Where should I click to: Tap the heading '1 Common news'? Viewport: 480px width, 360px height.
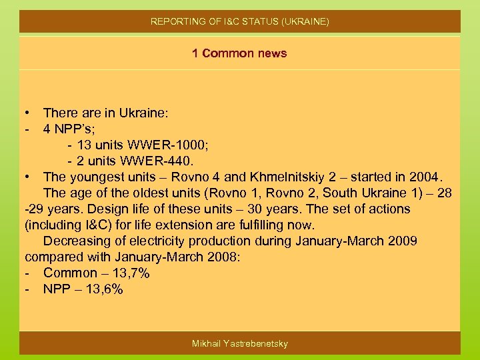[239, 53]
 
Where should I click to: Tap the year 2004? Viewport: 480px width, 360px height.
[425, 177]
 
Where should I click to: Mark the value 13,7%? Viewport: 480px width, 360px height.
[132, 273]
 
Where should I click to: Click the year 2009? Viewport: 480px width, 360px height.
[403, 241]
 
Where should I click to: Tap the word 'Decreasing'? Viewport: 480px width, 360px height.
[79, 241]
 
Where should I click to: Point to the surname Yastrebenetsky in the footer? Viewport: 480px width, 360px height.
[257, 343]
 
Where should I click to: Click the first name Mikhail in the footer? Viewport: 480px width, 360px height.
[207, 343]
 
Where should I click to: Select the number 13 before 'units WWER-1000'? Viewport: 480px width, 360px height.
[84, 145]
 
